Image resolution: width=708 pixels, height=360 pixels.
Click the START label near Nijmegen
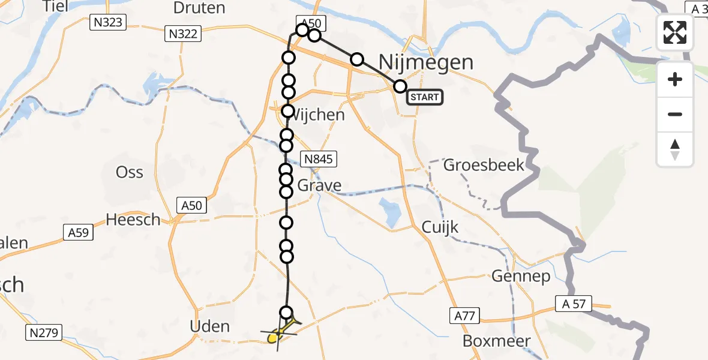click(x=425, y=97)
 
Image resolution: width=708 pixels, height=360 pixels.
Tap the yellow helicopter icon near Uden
click(x=277, y=334)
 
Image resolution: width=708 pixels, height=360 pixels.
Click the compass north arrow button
click(x=675, y=149)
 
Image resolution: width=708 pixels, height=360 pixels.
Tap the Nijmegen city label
click(x=426, y=62)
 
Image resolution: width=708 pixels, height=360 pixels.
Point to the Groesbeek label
click(x=484, y=165)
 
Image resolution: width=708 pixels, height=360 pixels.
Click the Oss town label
click(x=129, y=173)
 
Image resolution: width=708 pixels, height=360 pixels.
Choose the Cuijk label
click(x=440, y=227)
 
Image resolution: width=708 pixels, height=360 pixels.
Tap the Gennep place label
click(x=512, y=276)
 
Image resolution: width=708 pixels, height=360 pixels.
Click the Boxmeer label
click(x=497, y=341)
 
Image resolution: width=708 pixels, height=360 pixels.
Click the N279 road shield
click(x=44, y=332)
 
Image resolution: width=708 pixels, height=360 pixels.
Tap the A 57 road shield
click(x=574, y=304)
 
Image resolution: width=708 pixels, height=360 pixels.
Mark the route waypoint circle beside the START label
click(x=400, y=86)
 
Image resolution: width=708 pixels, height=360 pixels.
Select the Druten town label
click(x=199, y=8)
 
